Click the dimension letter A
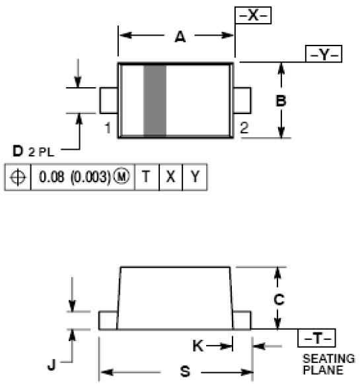click(x=179, y=38)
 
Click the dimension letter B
click(x=281, y=102)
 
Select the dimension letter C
click(x=279, y=299)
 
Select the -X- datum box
click(x=253, y=15)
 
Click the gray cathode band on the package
click(x=155, y=100)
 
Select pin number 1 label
click(x=107, y=128)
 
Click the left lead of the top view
click(x=108, y=100)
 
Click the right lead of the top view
click(x=243, y=100)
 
